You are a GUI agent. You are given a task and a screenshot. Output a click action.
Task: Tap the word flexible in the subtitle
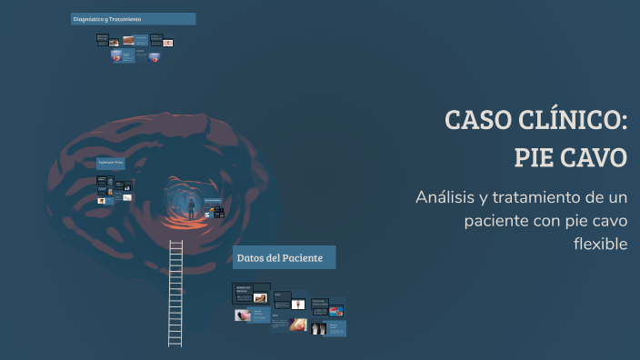601,244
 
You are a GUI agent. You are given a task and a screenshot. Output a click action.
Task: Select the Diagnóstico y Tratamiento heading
133,18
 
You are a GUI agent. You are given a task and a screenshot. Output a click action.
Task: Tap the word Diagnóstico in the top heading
93,18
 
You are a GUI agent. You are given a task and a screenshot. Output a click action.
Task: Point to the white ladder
175,292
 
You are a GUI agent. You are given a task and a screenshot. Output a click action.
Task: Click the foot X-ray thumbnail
318,327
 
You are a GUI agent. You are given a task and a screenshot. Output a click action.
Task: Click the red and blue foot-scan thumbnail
335,311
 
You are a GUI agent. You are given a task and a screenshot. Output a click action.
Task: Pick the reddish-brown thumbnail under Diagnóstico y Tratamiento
130,40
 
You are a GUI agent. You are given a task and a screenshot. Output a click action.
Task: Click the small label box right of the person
213,200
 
